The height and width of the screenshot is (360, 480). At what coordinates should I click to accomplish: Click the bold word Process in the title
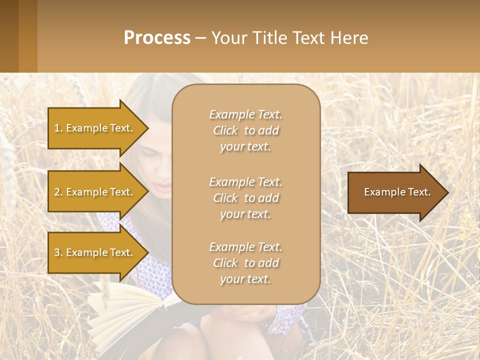[x=157, y=38]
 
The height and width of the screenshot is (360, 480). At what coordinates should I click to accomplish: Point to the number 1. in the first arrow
[x=58, y=128]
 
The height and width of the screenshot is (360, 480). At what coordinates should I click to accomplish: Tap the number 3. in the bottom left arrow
[x=58, y=252]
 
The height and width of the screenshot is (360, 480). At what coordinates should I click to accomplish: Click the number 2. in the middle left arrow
[x=58, y=192]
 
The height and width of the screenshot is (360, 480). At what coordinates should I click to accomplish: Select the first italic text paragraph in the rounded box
[x=245, y=130]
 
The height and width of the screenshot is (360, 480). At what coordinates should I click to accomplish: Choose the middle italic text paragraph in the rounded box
[x=245, y=198]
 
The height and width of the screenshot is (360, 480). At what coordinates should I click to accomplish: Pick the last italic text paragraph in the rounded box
[x=245, y=263]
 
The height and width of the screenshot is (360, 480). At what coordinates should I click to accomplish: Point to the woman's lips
[x=163, y=188]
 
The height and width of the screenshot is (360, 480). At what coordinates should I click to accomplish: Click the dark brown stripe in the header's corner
[x=9, y=36]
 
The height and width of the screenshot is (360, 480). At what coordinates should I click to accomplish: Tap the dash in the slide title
[x=200, y=38]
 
